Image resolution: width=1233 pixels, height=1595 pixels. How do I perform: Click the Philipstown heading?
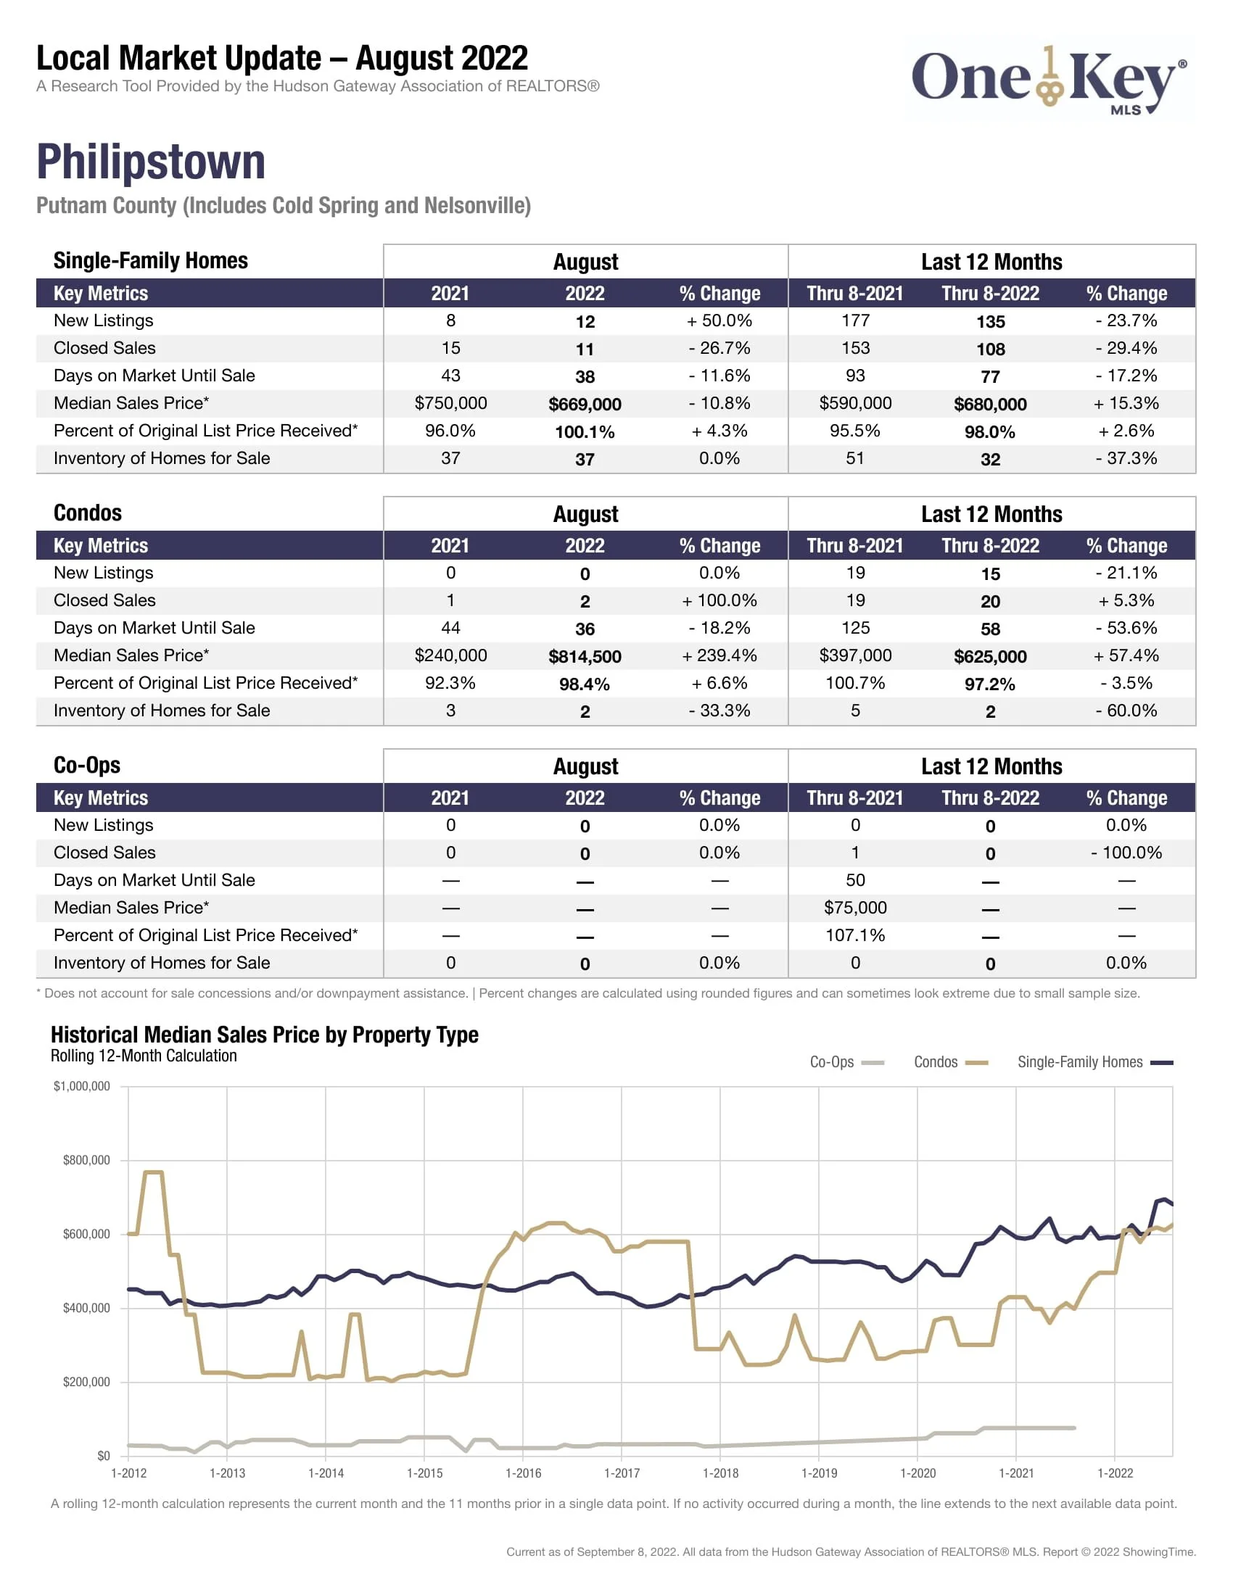click(x=150, y=162)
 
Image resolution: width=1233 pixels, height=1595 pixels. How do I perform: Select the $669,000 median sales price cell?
click(x=585, y=404)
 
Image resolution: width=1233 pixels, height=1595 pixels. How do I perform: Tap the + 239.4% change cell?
click(x=719, y=655)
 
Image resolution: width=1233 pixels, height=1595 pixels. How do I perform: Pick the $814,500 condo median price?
click(x=585, y=656)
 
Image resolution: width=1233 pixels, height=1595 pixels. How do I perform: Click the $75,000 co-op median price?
click(x=854, y=907)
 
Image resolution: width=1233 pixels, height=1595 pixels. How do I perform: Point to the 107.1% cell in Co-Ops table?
click(x=854, y=935)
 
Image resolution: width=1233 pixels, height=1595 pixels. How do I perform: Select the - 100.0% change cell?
click(x=1126, y=853)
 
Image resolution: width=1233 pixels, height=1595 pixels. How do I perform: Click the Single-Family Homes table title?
click(x=150, y=261)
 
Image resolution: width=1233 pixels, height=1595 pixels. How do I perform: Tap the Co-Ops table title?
click(x=87, y=765)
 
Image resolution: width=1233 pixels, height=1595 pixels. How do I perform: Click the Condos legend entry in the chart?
click(x=949, y=1062)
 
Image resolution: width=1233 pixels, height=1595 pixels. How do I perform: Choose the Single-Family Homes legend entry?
click(x=1094, y=1062)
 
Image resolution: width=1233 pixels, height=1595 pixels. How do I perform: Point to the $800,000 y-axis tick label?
click(x=86, y=1160)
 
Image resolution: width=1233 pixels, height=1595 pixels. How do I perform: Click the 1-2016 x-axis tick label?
click(x=523, y=1473)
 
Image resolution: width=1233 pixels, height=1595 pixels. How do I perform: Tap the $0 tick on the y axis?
click(x=103, y=1456)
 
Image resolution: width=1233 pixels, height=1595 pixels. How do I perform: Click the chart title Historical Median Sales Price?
click(x=265, y=1034)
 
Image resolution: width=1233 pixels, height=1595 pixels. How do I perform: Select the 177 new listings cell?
click(x=854, y=320)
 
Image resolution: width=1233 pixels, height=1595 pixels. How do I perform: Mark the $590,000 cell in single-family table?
click(x=854, y=403)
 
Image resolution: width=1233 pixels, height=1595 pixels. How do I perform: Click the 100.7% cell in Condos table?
click(x=854, y=683)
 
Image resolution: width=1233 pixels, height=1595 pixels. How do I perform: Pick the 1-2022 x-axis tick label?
click(x=1115, y=1473)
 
